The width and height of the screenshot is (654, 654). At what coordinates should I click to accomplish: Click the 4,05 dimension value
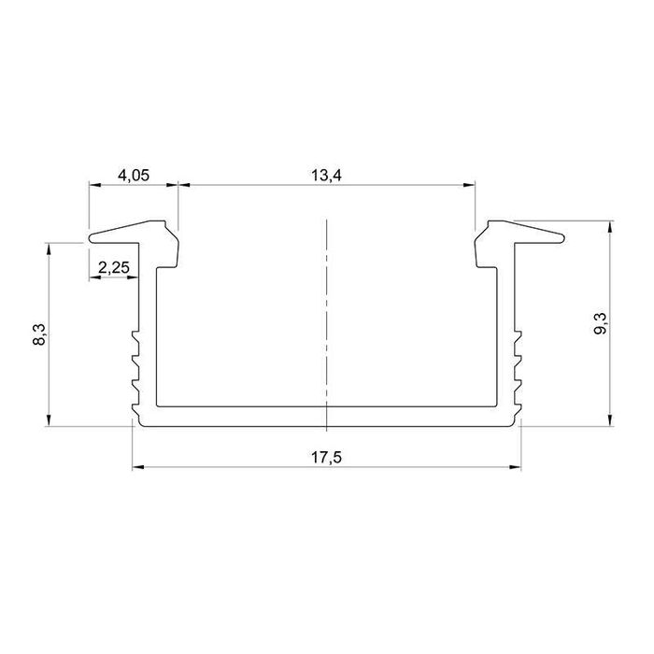click(134, 176)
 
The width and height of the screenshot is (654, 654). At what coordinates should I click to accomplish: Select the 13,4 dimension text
click(326, 176)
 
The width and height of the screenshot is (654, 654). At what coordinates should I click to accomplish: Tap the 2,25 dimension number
click(114, 267)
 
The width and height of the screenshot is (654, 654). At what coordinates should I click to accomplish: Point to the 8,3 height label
click(39, 334)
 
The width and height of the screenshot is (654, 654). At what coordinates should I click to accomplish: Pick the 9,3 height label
click(601, 323)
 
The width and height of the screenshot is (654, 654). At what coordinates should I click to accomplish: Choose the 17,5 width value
click(326, 458)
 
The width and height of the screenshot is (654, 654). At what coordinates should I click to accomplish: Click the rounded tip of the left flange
click(91, 238)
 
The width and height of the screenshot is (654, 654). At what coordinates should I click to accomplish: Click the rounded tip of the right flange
click(562, 238)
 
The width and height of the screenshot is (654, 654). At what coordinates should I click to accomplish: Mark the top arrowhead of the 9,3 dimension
click(610, 226)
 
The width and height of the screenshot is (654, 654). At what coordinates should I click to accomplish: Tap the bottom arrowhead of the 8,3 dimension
click(49, 420)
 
